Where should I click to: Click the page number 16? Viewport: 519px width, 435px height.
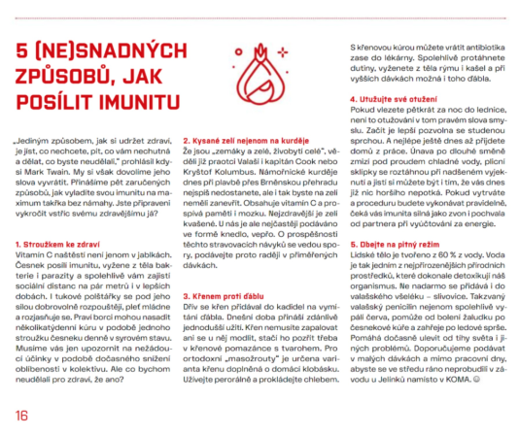21,416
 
